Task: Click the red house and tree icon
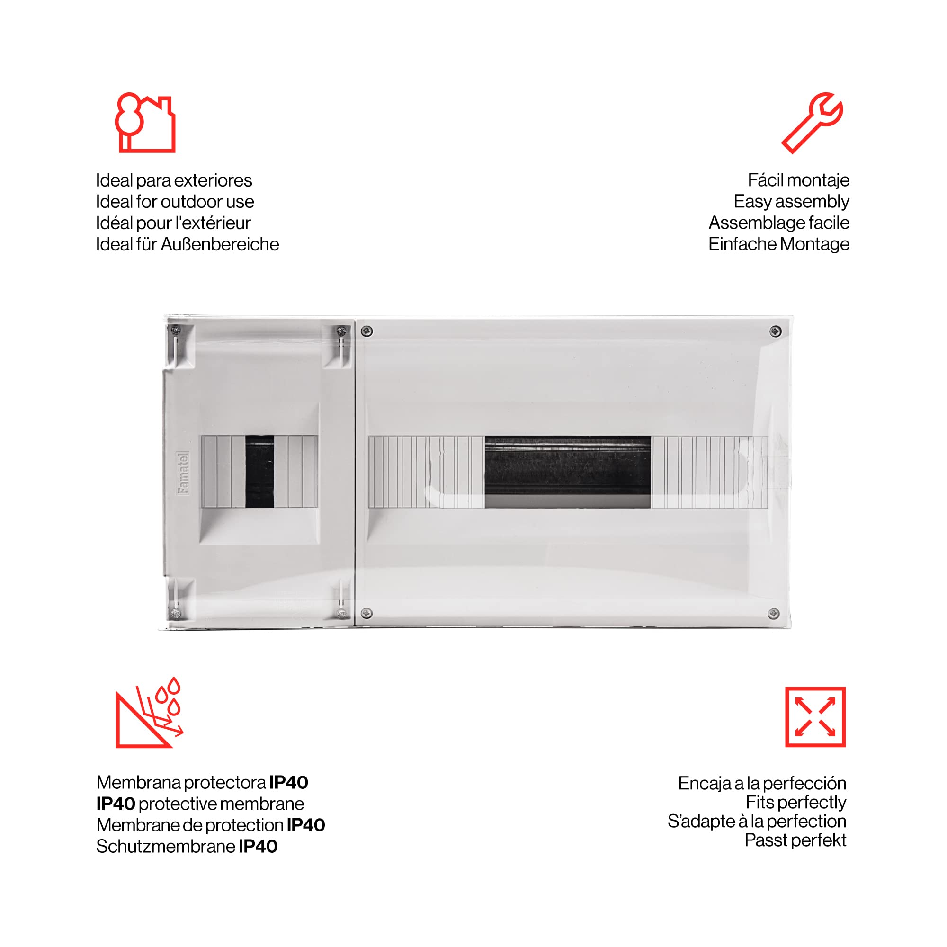click(145, 123)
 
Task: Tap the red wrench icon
click(812, 123)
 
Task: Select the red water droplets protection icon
click(149, 713)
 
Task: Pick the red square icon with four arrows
click(815, 717)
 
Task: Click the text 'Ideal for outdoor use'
click(175, 201)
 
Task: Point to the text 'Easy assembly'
click(791, 201)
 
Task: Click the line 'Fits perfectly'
click(796, 803)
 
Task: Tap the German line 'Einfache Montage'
click(779, 244)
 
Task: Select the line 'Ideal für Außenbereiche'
click(187, 244)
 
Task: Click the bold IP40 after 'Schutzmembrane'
click(259, 847)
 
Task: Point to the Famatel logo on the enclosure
click(183, 473)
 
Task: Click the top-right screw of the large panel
click(776, 332)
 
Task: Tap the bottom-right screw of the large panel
click(774, 614)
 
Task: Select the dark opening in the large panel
click(568, 472)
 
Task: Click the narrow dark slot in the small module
click(260, 471)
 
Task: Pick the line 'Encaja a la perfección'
click(762, 783)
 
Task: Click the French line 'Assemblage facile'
click(779, 223)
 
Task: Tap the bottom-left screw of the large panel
click(366, 613)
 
